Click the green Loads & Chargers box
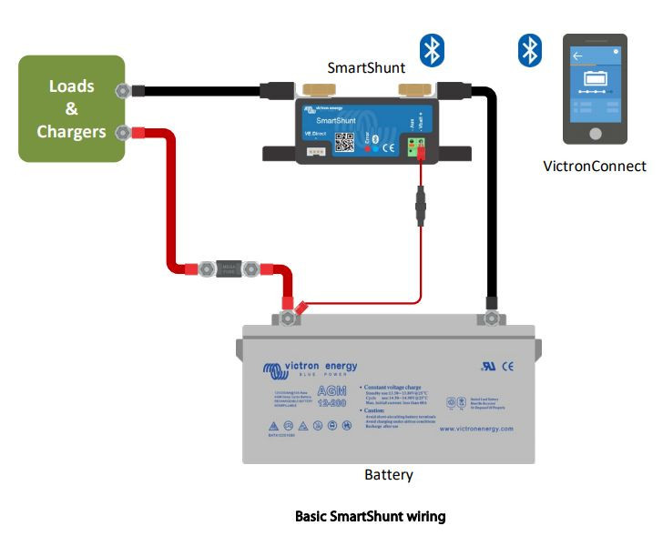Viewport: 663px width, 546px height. [71, 108]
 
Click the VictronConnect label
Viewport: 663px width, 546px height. [594, 166]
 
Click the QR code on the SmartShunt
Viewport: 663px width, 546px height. [345, 142]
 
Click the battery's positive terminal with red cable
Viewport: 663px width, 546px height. [290, 318]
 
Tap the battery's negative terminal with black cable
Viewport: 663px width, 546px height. [492, 318]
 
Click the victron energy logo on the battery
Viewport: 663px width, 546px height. [311, 369]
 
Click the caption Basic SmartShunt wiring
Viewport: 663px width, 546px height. [370, 517]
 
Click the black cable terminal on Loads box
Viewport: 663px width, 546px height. [124, 90]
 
